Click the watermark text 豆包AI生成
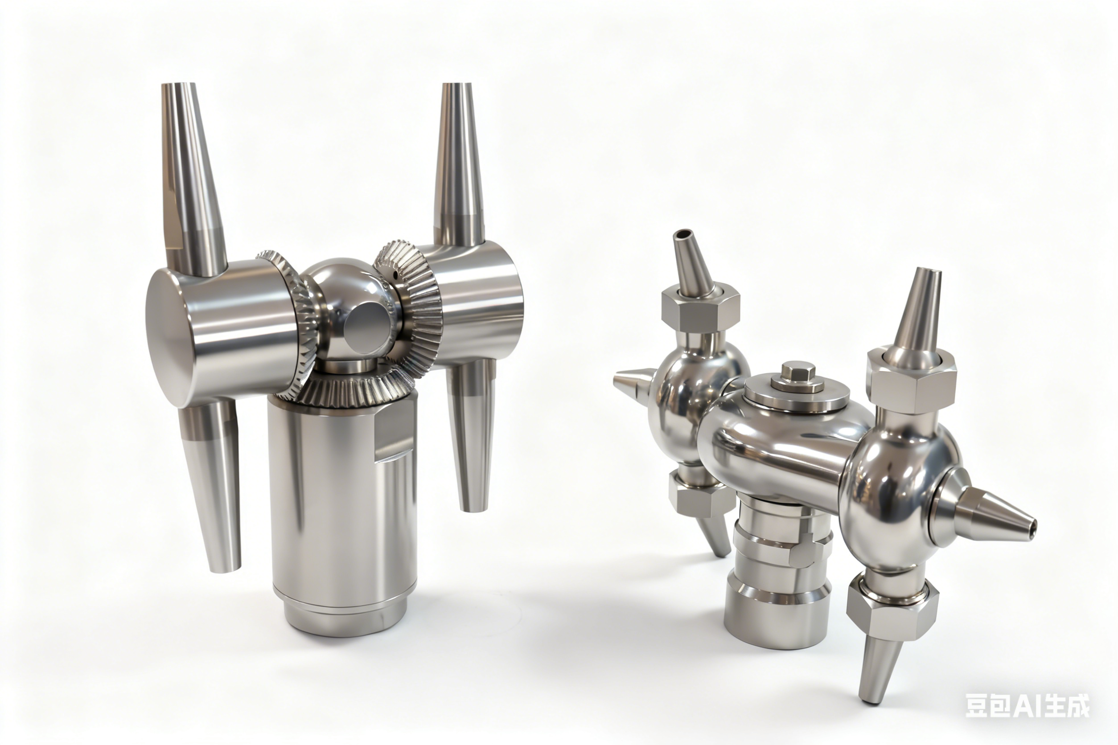point(1027,705)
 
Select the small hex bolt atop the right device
point(798,372)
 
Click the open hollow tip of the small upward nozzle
point(682,234)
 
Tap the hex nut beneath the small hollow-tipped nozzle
point(701,311)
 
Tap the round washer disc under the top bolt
point(797,394)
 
